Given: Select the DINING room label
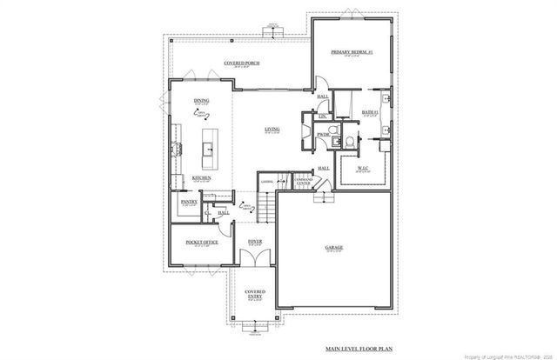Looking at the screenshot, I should pos(201,101).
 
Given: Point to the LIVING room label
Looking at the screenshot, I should pos(272,130).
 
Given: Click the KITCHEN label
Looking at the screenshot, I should pos(202,178).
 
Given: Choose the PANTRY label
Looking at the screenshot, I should pos(189,202).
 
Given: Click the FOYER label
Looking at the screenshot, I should pos(255,242).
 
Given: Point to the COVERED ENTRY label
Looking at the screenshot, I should pos(254,294).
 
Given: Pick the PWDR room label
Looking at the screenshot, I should pos(322,135).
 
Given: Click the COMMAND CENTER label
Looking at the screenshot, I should pos(304,183).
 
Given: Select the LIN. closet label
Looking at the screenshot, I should pos(322,116).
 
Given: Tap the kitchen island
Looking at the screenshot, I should pos(209,150).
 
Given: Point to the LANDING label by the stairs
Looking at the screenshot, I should pos(266,182).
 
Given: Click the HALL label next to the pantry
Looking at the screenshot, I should pos(224,213).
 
